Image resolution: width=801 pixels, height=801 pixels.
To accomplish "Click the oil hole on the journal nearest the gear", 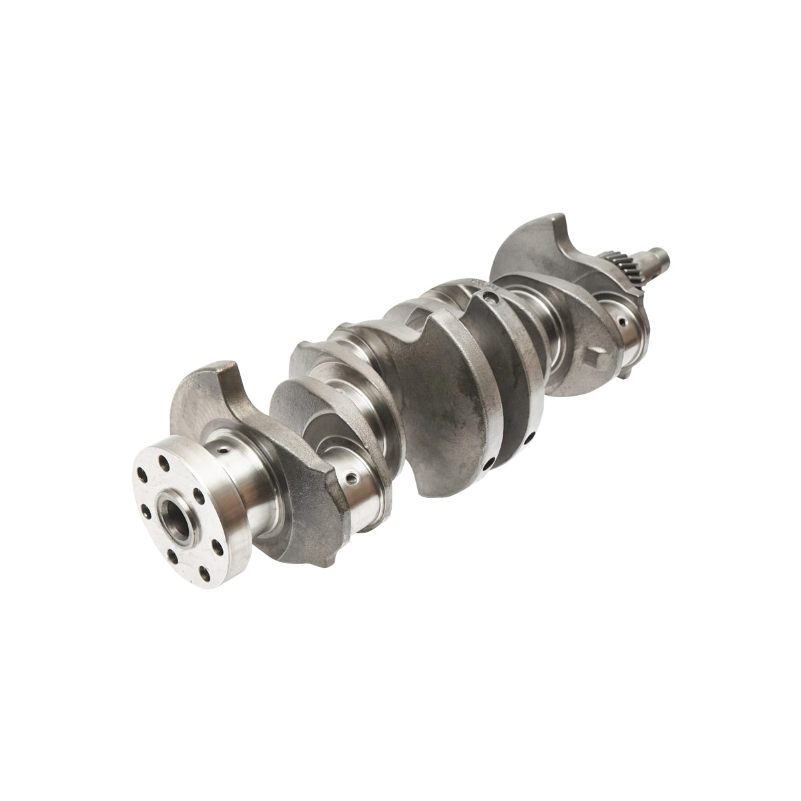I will click(x=622, y=322).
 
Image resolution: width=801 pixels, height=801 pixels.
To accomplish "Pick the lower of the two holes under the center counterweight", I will click(x=490, y=462).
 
